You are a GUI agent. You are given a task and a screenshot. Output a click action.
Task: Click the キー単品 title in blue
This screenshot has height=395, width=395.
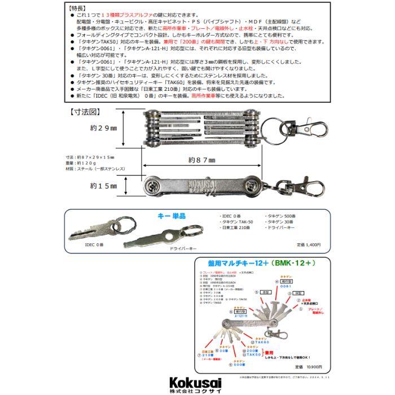coord(172,216)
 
